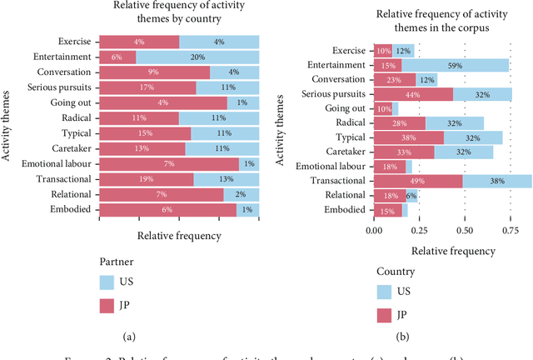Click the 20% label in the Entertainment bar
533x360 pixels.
[197, 57]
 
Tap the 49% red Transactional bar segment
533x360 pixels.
[417, 181]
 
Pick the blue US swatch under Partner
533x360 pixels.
[107, 283]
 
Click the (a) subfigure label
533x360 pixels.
[130, 336]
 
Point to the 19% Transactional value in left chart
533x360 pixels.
[146, 179]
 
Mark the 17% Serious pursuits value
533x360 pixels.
[147, 87]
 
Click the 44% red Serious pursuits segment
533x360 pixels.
[413, 95]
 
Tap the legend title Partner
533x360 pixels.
[117, 261]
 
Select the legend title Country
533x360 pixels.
[396, 272]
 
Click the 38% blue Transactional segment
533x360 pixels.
[497, 181]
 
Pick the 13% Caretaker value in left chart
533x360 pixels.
[142, 148]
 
